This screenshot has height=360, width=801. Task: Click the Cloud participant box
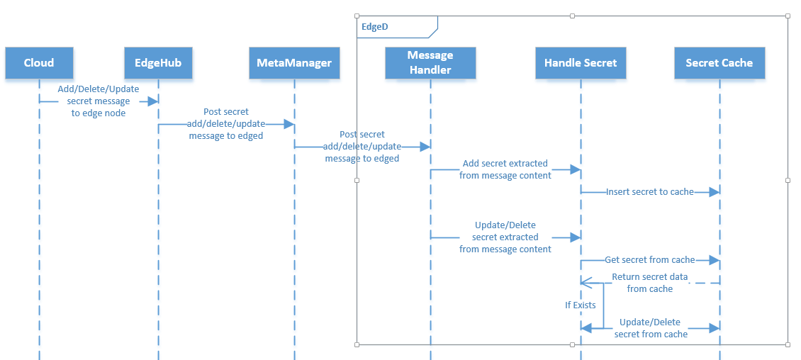click(x=39, y=63)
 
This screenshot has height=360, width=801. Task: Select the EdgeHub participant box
click(x=158, y=63)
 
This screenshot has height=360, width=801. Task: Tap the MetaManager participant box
click(x=294, y=63)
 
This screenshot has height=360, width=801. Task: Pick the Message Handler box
click(x=430, y=62)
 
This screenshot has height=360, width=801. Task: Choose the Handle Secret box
click(x=581, y=63)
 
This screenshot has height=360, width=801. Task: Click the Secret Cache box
click(x=719, y=63)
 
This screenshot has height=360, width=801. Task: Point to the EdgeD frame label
click(x=376, y=27)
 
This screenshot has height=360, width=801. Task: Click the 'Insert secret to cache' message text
click(x=649, y=192)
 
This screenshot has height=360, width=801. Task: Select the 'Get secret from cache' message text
click(x=649, y=260)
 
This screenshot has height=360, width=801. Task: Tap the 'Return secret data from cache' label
click(x=649, y=283)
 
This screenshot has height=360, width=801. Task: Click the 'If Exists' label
click(x=580, y=305)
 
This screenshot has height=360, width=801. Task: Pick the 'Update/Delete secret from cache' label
click(x=651, y=328)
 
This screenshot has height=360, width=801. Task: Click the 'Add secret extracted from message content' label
click(x=505, y=169)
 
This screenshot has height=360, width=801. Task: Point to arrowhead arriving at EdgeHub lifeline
click(x=152, y=102)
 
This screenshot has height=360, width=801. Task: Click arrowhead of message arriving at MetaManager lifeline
click(x=289, y=125)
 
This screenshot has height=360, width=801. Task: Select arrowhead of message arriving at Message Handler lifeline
click(x=425, y=147)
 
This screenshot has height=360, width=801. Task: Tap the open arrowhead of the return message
click(x=586, y=283)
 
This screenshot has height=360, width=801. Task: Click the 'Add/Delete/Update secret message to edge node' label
click(x=99, y=101)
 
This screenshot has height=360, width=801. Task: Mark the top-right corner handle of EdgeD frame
click(x=788, y=16)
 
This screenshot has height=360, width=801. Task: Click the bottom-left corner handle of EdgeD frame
click(x=357, y=344)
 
